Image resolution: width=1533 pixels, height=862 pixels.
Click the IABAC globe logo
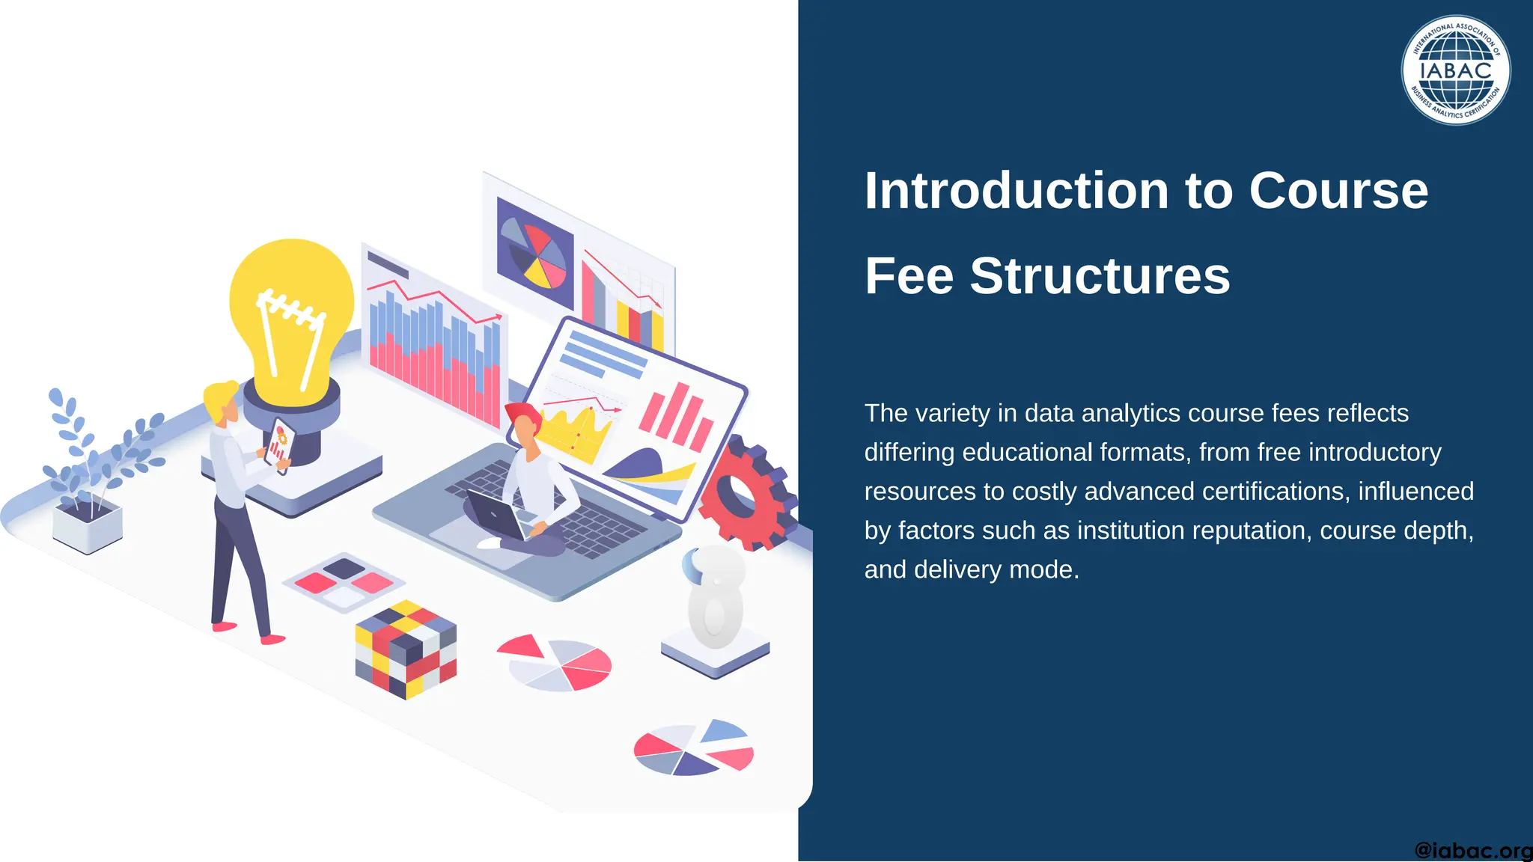pos(1455,70)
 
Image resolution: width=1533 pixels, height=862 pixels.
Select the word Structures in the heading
pos(1100,276)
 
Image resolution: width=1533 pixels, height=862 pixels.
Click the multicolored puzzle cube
pos(406,649)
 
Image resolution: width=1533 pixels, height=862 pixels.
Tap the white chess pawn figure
pos(715,599)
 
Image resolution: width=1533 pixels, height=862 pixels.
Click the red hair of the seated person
pos(521,413)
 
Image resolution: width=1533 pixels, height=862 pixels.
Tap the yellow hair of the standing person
pos(219,396)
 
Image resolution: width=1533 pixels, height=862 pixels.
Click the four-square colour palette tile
pos(344,582)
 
